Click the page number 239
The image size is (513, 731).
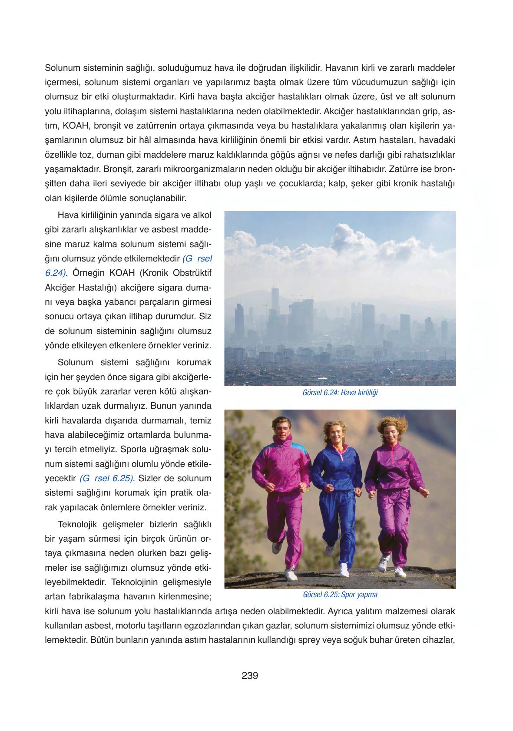(250, 675)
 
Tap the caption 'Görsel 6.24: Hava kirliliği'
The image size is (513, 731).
(340, 393)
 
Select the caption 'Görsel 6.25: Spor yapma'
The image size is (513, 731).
(340, 595)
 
